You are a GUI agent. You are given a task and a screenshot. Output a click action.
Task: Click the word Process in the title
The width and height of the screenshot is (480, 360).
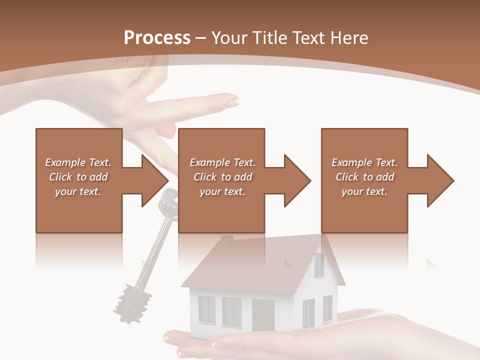(x=157, y=38)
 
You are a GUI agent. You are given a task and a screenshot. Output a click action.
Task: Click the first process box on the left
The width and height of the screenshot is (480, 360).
(x=78, y=180)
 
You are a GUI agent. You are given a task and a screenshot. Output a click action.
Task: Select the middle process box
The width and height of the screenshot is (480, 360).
(x=221, y=180)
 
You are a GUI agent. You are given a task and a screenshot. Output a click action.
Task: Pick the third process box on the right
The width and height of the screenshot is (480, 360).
(x=364, y=180)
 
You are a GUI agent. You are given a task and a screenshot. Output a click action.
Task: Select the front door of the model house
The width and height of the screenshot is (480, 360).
(x=263, y=315)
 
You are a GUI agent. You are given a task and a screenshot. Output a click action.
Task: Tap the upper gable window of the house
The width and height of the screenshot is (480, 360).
(x=318, y=263)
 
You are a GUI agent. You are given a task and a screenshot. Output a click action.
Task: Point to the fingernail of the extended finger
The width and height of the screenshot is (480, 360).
(x=233, y=102)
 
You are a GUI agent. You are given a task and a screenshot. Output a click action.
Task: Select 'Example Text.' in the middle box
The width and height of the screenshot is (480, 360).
(x=222, y=162)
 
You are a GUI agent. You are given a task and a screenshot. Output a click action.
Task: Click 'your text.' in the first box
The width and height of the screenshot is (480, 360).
(x=78, y=191)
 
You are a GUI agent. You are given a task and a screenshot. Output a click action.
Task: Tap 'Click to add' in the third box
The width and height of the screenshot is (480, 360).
(x=365, y=177)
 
